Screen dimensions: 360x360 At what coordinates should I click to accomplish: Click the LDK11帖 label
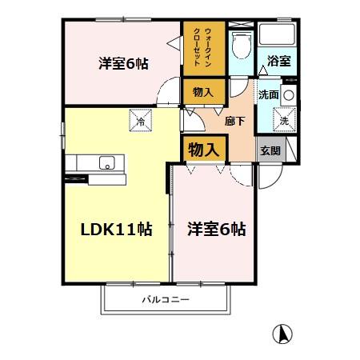click(x=116, y=227)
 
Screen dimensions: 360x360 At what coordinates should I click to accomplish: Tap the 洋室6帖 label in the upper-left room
click(x=122, y=63)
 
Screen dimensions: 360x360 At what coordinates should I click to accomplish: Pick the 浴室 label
click(x=278, y=61)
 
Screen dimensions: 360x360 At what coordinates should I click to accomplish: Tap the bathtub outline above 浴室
click(x=278, y=36)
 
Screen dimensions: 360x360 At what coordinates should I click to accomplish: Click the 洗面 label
click(x=268, y=94)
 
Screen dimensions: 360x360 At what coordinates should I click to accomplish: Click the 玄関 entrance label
click(x=269, y=150)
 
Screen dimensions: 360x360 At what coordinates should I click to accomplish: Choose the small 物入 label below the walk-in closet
click(x=203, y=93)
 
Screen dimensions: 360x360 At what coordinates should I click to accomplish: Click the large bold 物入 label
click(x=203, y=148)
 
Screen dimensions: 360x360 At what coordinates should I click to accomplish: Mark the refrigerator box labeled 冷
click(x=140, y=122)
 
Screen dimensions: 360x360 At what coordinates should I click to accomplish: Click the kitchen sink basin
click(x=107, y=163)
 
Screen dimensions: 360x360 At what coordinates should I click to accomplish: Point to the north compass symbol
click(x=282, y=332)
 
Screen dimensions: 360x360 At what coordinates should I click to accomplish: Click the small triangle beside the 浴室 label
click(x=262, y=70)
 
